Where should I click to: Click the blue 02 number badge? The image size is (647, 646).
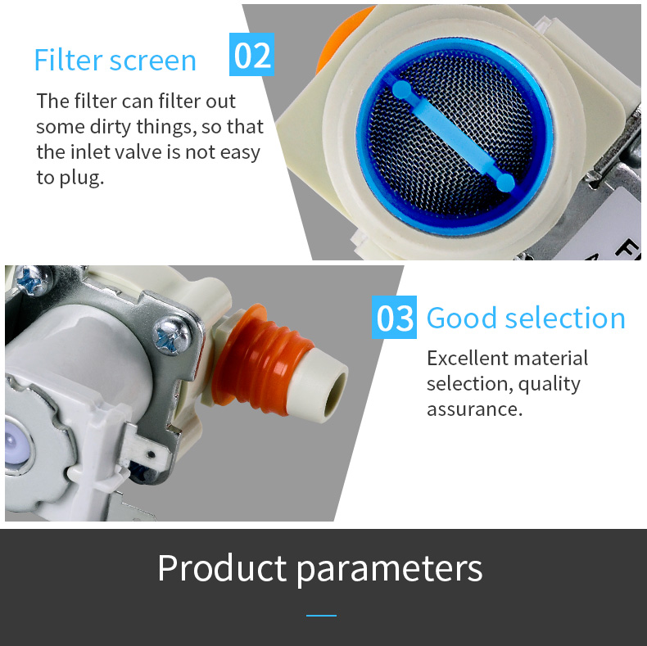click(251, 55)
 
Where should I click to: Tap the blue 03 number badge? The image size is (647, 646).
click(394, 317)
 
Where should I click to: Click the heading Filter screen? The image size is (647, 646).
click(115, 61)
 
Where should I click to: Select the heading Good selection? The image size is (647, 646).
click(526, 318)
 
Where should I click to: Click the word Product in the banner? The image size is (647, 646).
click(222, 567)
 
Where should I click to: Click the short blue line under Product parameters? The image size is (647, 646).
click(321, 616)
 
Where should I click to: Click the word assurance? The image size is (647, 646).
click(474, 409)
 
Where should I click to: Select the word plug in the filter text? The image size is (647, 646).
click(81, 178)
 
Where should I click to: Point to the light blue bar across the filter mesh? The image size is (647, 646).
click(454, 137)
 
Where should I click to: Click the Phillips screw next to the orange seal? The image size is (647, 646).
click(173, 336)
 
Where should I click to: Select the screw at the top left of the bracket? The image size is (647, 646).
click(33, 281)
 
